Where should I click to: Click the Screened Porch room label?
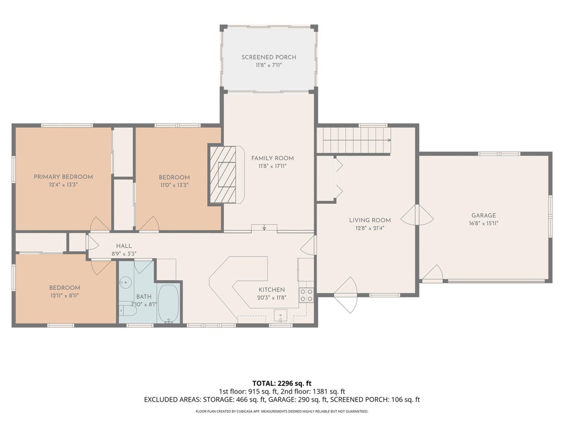click(269, 57)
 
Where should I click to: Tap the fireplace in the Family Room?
click(223, 175)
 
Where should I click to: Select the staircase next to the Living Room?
click(357, 140)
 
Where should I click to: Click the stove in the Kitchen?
click(306, 295)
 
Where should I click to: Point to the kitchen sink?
click(280, 316)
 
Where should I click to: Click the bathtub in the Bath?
click(169, 303)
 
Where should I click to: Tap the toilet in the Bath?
click(128, 310)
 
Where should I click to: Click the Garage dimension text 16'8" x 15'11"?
click(484, 224)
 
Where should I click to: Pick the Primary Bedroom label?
click(63, 177)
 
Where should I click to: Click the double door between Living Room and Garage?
click(417, 215)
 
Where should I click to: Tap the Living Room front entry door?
click(346, 295)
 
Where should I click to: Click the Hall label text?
click(124, 246)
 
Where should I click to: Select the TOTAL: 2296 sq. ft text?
click(281, 383)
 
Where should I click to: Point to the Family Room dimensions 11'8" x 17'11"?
click(272, 166)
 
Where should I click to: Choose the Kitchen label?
click(272, 290)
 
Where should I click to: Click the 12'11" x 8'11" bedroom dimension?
click(64, 296)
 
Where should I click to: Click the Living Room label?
click(370, 220)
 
